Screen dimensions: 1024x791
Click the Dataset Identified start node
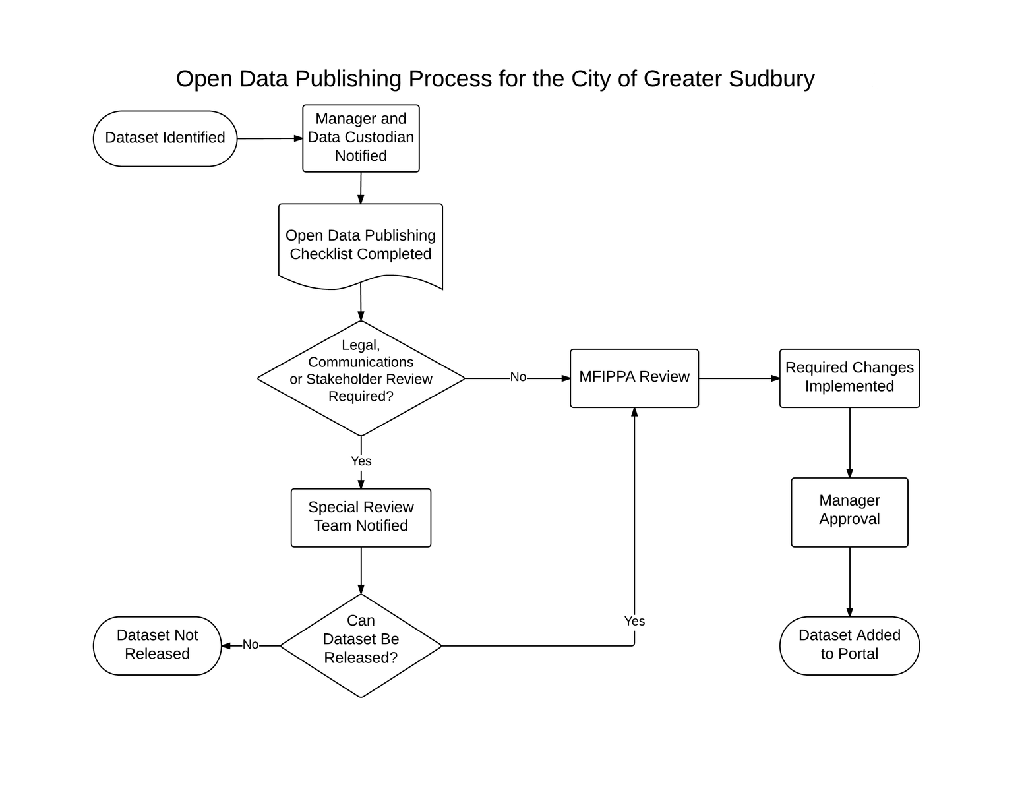pyautogui.click(x=165, y=138)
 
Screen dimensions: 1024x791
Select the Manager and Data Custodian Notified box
pyautogui.click(x=361, y=138)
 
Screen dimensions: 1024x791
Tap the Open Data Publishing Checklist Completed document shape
pyautogui.click(x=361, y=246)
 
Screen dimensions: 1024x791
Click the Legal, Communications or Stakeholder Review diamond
pyautogui.click(x=361, y=378)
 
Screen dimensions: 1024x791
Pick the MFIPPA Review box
pyautogui.click(x=634, y=378)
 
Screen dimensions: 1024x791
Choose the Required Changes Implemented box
pyautogui.click(x=849, y=378)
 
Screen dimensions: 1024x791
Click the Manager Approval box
pyautogui.click(x=849, y=512)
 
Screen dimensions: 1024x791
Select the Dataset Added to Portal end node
pyautogui.click(x=849, y=645)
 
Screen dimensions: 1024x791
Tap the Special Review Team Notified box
pyautogui.click(x=361, y=517)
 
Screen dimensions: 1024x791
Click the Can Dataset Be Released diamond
pyautogui.click(x=361, y=645)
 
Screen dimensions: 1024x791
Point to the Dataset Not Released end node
pyautogui.click(x=157, y=645)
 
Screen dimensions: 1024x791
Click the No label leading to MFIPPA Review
pyautogui.click(x=518, y=377)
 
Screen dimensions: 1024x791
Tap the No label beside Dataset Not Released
pyautogui.click(x=250, y=645)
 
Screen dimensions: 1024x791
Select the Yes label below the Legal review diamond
pyautogui.click(x=361, y=461)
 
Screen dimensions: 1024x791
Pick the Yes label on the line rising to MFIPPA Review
pyautogui.click(x=634, y=621)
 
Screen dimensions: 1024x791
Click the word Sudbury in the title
pyautogui.click(x=771, y=78)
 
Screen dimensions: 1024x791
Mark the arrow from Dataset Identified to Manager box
pyautogui.click(x=270, y=138)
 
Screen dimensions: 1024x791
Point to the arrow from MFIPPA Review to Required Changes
pyautogui.click(x=739, y=378)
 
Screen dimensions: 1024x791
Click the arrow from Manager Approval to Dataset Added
pyautogui.click(x=850, y=582)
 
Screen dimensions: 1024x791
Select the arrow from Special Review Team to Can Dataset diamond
pyautogui.click(x=361, y=571)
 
